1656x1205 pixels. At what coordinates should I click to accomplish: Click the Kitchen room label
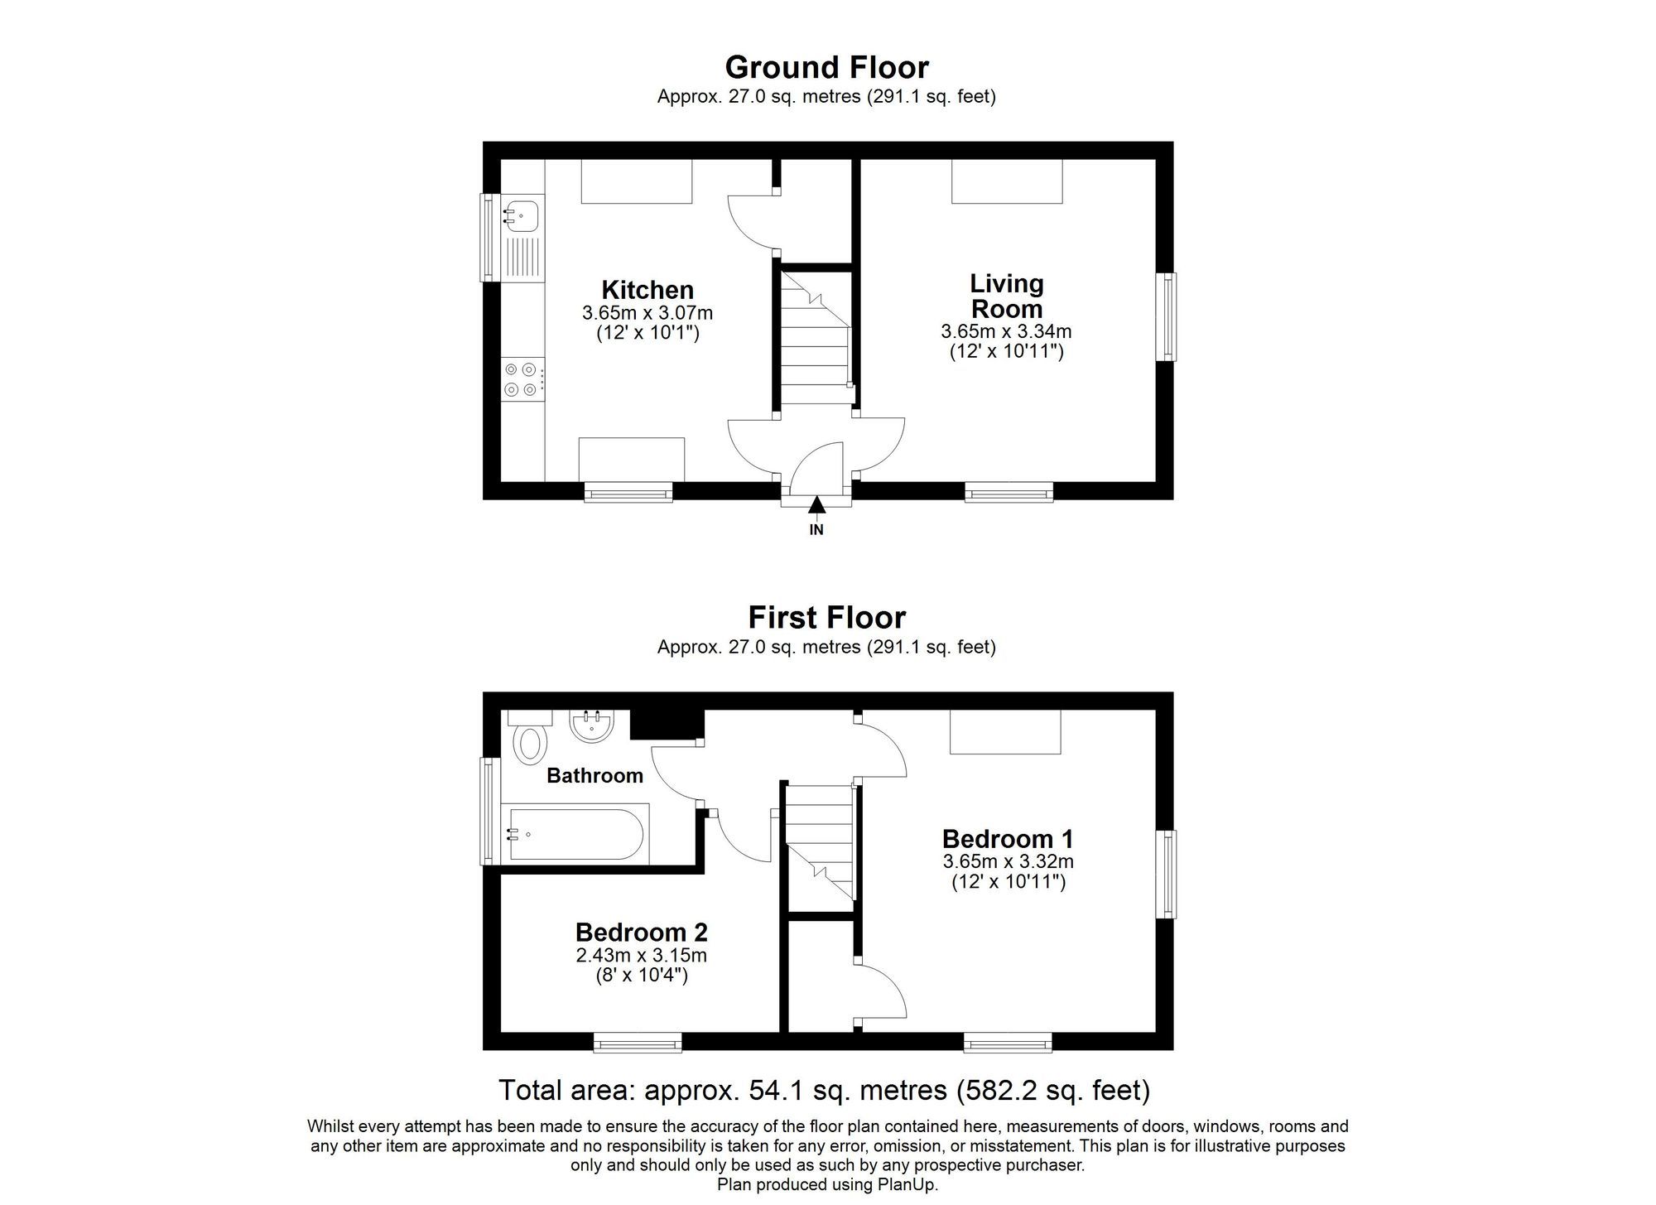(647, 290)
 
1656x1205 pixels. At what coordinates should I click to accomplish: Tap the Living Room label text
(1006, 296)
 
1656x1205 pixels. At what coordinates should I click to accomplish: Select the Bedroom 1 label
(1008, 838)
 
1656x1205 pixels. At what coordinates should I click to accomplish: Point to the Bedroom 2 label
(642, 933)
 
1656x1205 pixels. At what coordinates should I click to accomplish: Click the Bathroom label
(595, 776)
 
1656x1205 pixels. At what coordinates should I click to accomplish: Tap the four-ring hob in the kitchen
(522, 379)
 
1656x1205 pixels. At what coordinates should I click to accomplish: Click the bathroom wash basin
(591, 726)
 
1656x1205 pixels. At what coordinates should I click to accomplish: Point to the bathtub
(576, 834)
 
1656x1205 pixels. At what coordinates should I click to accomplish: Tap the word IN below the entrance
(816, 530)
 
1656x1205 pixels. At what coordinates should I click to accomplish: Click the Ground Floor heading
(826, 67)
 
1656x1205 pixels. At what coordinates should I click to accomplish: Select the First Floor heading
(826, 618)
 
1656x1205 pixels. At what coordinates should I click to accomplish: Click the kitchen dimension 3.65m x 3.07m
(647, 314)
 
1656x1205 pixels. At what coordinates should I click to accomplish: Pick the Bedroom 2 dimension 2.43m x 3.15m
(642, 956)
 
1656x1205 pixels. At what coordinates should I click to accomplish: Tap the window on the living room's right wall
(1167, 317)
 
